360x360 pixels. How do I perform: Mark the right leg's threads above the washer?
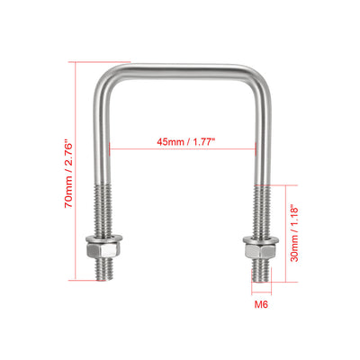click(258, 211)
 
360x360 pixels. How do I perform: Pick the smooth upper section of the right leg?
click(258, 135)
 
